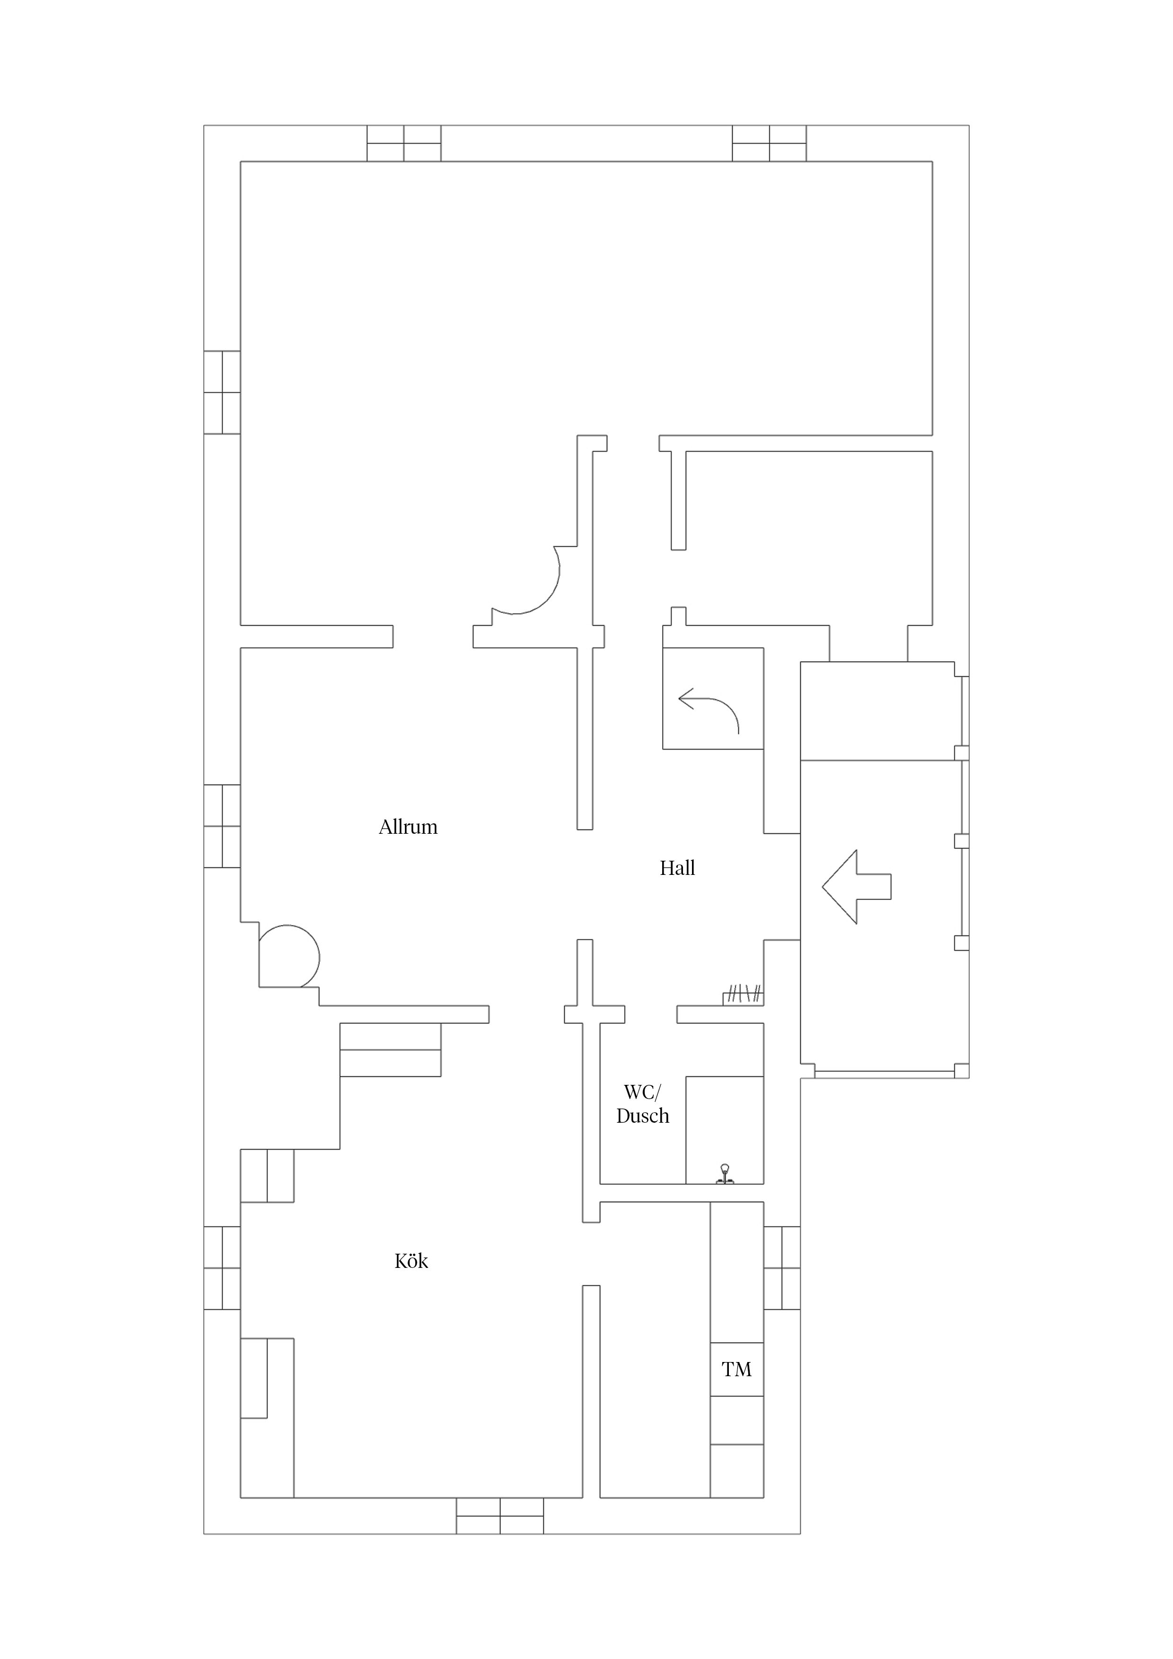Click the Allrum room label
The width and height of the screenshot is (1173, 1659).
click(x=408, y=827)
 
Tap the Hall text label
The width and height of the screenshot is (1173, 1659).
click(x=677, y=868)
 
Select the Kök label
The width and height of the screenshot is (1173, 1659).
click(x=411, y=1261)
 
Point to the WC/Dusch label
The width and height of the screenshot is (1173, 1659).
click(x=642, y=1104)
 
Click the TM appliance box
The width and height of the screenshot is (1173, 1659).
click(x=736, y=1369)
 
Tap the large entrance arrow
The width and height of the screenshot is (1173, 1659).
click(x=857, y=887)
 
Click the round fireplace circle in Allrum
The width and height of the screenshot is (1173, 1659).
click(x=289, y=956)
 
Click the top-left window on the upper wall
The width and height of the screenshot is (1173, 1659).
click(x=404, y=143)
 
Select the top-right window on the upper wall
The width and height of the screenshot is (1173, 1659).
click(x=769, y=143)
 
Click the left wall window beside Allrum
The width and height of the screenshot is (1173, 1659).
click(x=222, y=826)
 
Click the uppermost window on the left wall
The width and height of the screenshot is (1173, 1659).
click(x=222, y=393)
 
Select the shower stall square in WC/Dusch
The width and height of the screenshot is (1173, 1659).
click(x=724, y=1130)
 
